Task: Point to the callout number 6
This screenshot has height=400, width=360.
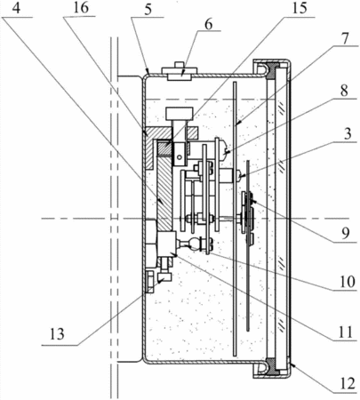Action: [209, 24]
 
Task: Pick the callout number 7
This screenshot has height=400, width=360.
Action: [346, 38]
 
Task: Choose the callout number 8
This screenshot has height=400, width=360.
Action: [344, 91]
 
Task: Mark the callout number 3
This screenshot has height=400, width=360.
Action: [348, 133]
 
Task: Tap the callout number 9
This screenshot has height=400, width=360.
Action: [346, 233]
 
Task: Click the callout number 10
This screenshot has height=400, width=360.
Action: [348, 281]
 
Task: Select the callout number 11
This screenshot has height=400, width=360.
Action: [346, 332]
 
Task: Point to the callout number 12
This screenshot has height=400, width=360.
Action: [348, 384]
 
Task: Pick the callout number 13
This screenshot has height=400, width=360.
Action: [56, 334]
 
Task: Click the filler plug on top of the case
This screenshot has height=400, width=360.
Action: [180, 71]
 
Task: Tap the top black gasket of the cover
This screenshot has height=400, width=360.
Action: [270, 70]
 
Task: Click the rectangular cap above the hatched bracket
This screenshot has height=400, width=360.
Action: [180, 114]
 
